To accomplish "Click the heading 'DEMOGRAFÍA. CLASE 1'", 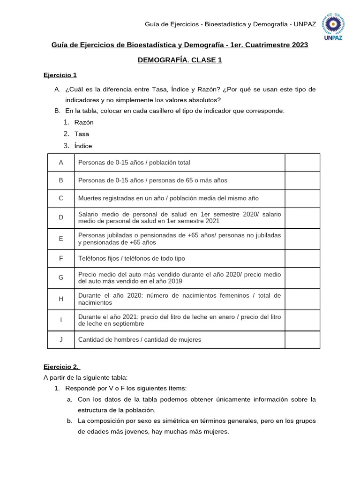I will pos(180,60).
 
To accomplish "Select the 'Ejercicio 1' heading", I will pos(60,75).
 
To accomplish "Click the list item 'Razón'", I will pos(84,122).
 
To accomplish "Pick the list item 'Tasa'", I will pos(82,134).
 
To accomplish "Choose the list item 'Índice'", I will pos(83,146).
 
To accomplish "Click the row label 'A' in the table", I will pos(61,163).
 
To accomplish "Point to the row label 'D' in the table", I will pos(61,217).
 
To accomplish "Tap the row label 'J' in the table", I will pos(61,339).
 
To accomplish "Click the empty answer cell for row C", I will pos(302,198).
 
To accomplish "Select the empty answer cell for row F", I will pos(302,258).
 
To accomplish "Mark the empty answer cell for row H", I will pos(302,299).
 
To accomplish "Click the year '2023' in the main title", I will pos(300,45).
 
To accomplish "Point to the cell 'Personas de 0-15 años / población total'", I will pos(134,163).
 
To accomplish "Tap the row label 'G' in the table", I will pos(61,277).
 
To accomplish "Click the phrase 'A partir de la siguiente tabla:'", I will pos(85,377).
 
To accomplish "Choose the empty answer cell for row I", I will pos(302,320).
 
